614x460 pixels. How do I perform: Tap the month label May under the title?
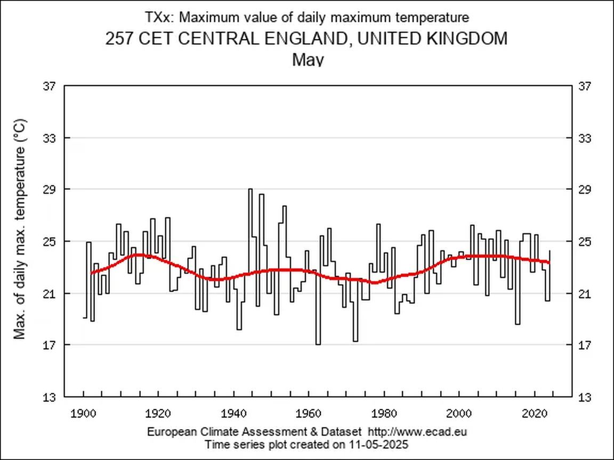(308, 59)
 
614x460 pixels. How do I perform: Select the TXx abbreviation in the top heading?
(159, 18)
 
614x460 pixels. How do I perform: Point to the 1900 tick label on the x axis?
(84, 414)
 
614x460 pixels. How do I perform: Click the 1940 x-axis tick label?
(234, 414)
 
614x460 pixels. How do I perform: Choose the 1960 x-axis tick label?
(310, 414)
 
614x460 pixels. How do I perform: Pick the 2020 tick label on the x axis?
(535, 414)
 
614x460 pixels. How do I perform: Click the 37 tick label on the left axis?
(49, 86)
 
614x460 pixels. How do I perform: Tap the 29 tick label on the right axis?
(585, 190)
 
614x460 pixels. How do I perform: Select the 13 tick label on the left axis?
(49, 397)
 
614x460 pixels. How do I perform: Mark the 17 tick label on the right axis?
(585, 346)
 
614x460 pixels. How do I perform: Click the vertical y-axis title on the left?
(20, 229)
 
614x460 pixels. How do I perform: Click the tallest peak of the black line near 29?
(250, 189)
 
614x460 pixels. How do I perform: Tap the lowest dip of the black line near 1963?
(318, 344)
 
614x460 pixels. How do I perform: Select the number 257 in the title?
(119, 39)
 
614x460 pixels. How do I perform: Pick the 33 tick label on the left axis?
(49, 138)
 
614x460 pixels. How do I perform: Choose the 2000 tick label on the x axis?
(459, 414)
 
